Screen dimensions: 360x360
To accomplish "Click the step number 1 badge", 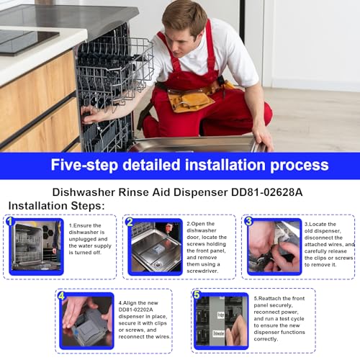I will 11,222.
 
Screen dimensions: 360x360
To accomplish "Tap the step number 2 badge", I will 129,222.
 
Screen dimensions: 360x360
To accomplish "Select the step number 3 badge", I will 248,221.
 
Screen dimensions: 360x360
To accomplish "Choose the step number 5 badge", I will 197,295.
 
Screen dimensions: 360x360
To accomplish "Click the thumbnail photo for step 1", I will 36,247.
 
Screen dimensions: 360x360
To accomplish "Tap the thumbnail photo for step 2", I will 155,247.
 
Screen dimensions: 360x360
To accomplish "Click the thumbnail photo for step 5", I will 222,321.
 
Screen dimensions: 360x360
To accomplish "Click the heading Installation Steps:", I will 57,206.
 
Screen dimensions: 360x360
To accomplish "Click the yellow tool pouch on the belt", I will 190,99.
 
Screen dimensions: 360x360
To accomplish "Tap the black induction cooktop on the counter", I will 25,39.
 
